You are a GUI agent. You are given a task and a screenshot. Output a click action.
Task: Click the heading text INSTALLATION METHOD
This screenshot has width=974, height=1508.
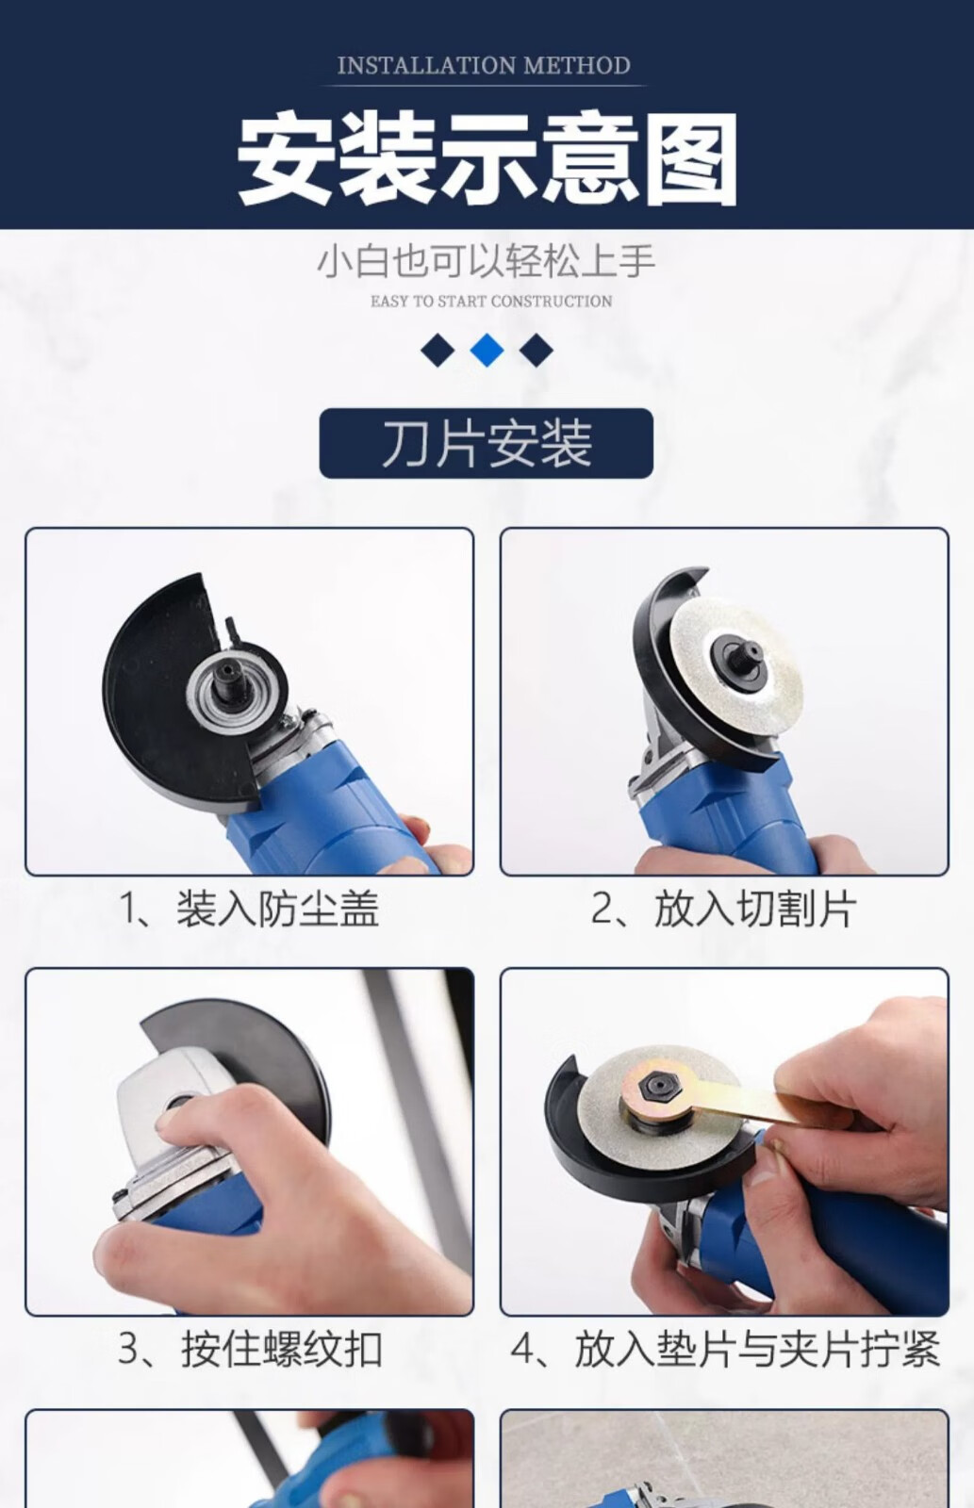point(484,65)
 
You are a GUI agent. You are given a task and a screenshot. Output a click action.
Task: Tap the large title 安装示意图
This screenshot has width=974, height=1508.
point(487,159)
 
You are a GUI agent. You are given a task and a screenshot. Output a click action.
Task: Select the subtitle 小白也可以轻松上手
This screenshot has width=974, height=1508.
point(487,261)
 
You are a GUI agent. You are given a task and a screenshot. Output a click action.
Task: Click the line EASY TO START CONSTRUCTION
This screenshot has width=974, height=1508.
point(491,301)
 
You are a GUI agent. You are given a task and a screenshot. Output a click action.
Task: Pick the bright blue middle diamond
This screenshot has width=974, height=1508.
point(487,350)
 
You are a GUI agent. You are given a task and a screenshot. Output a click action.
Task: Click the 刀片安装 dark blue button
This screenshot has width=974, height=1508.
point(487,443)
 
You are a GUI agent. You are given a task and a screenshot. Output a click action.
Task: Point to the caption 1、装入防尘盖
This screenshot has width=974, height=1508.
point(249,909)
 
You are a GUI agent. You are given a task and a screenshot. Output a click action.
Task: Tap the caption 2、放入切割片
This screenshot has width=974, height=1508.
point(723,909)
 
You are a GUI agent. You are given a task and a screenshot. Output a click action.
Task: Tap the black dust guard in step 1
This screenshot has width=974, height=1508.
point(169,694)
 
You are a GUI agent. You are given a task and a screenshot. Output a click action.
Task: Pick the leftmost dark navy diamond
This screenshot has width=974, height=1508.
point(437,351)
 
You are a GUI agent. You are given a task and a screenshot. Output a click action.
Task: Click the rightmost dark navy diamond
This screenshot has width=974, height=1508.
point(537,351)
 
